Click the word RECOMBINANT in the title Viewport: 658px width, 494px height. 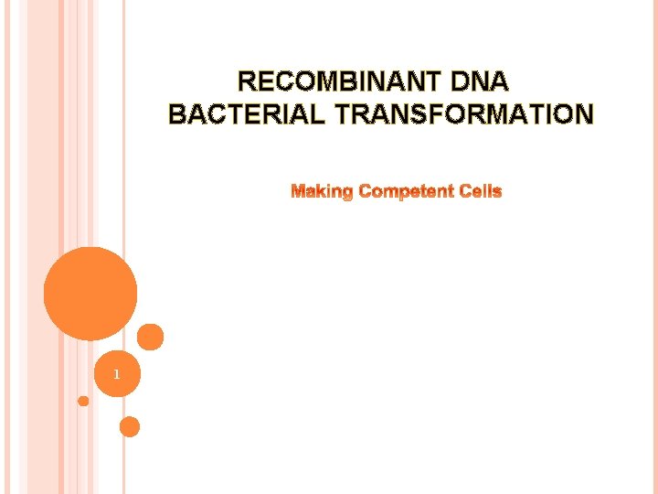[x=339, y=82]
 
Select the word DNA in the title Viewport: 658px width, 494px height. [x=480, y=82]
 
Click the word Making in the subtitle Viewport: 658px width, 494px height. [x=322, y=191]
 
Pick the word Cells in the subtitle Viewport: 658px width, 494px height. [x=480, y=191]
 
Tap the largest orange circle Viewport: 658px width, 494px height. [x=90, y=294]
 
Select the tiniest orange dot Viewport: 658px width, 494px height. [x=83, y=401]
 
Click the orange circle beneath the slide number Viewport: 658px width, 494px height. [x=130, y=426]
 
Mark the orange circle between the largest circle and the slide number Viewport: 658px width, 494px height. [x=151, y=337]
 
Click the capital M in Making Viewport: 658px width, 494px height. [x=298, y=191]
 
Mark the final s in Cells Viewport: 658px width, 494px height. [x=498, y=191]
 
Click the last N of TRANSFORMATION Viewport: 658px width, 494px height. [x=583, y=114]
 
